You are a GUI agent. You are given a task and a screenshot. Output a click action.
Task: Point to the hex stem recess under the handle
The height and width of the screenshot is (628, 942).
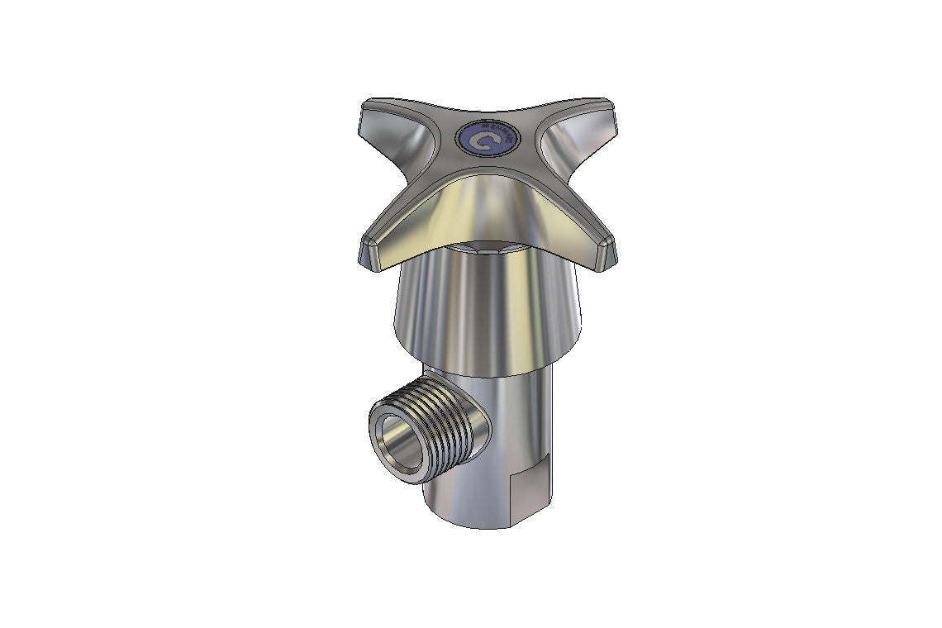pos(488,247)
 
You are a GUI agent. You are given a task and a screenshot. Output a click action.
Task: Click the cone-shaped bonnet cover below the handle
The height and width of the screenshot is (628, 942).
pos(488,306)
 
